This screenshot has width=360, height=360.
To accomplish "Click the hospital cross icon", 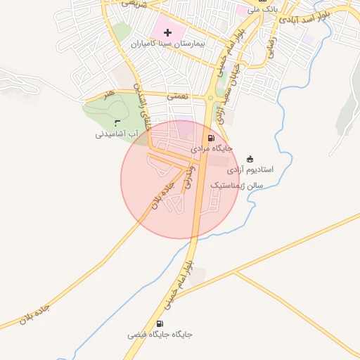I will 167,33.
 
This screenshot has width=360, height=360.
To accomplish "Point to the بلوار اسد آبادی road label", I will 304,20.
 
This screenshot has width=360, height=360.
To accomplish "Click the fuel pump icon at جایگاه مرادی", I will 212,139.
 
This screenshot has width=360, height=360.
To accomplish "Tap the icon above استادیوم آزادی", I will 251,159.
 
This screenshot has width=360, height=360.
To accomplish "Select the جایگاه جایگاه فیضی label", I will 160,335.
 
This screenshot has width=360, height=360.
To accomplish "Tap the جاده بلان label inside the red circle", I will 161,196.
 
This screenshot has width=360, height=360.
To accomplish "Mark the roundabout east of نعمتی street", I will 210,98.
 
